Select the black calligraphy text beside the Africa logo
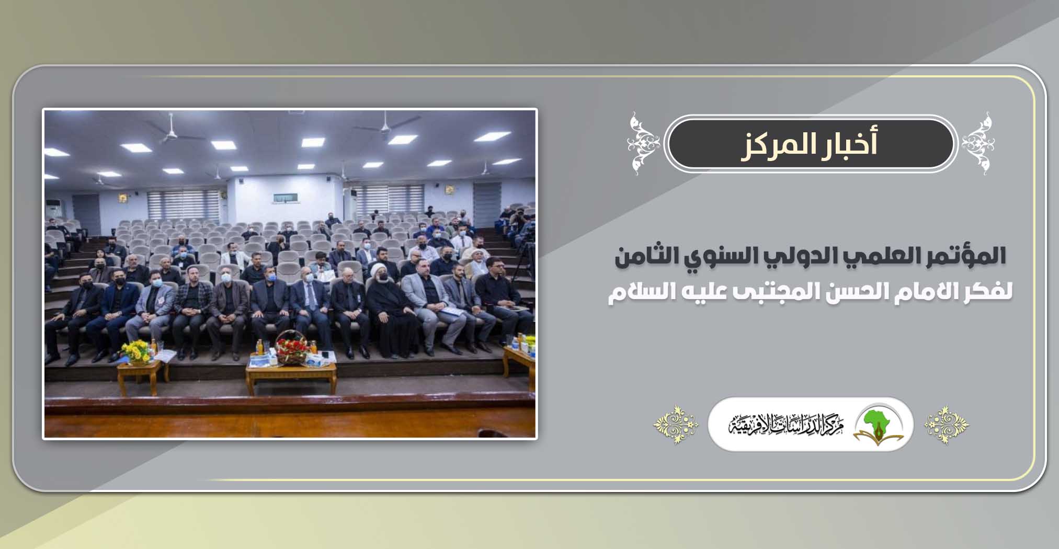(x=785, y=424)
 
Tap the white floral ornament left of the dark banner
(x=644, y=143)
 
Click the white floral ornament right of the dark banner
(x=978, y=143)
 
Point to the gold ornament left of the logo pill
(x=676, y=425)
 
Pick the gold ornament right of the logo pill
(x=947, y=425)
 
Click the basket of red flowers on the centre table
(x=292, y=346)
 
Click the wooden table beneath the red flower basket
(x=291, y=376)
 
